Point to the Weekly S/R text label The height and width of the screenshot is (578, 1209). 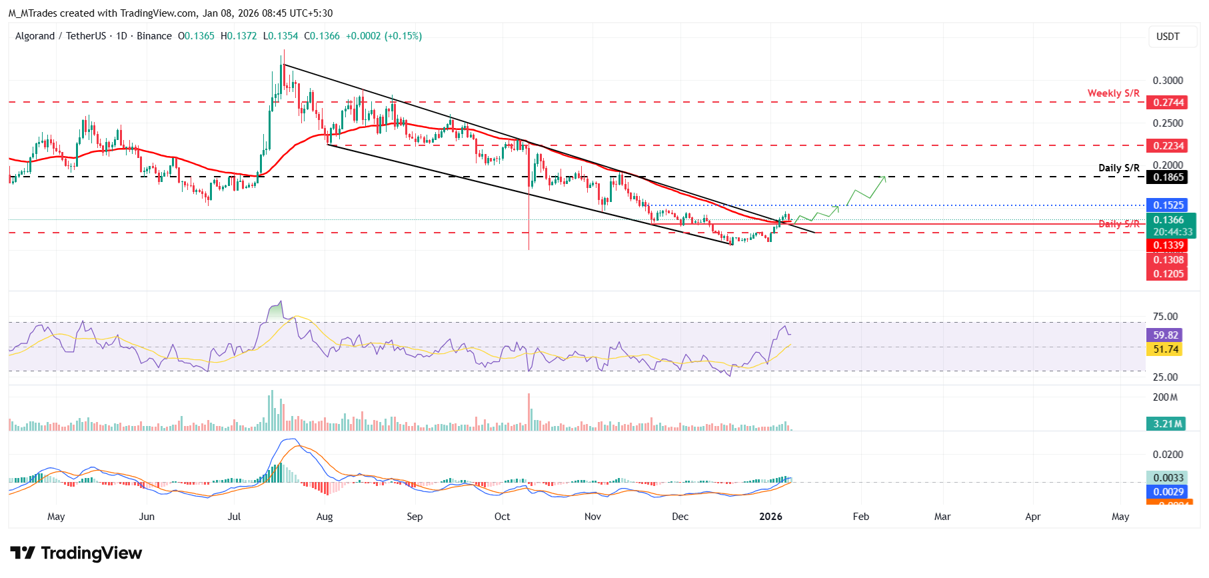pos(1113,93)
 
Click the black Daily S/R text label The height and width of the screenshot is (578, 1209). pos(1118,168)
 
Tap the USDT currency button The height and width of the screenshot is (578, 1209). pos(1167,37)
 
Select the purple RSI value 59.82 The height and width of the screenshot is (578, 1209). pos(1165,335)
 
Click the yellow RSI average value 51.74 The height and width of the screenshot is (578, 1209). pos(1165,349)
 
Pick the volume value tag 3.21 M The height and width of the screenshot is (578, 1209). pos(1167,424)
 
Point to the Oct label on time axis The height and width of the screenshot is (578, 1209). pos(502,517)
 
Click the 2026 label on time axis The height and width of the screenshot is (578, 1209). pos(770,517)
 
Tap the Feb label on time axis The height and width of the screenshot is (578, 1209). pos(860,517)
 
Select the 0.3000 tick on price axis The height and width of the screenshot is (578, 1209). pos(1168,81)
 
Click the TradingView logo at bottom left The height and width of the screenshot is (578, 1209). pos(76,553)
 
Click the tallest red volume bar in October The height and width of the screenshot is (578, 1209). pos(529,412)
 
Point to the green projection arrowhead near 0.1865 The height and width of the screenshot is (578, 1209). pos(884,177)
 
